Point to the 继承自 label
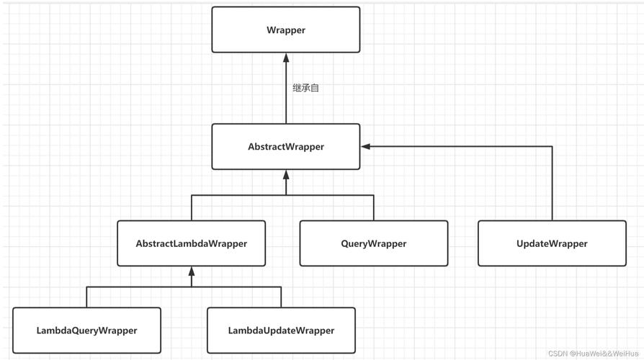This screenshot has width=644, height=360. (x=305, y=88)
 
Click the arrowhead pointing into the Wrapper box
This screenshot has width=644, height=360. (x=286, y=58)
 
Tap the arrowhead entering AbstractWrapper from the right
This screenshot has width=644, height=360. (x=366, y=147)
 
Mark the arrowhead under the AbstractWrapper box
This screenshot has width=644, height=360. (x=286, y=175)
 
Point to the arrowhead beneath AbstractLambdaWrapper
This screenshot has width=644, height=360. (x=192, y=271)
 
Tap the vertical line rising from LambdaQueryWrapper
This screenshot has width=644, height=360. (x=87, y=297)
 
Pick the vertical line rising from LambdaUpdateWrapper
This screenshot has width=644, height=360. (x=281, y=297)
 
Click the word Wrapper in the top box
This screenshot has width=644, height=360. (x=286, y=30)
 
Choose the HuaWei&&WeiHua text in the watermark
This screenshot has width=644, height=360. (x=604, y=354)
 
